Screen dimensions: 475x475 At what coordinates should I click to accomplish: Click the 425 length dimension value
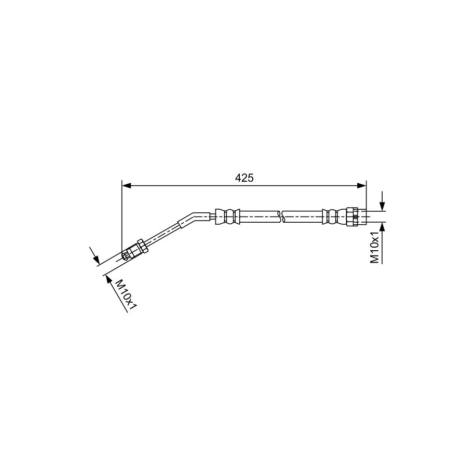[244, 178]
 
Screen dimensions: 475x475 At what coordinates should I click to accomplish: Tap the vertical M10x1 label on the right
[375, 248]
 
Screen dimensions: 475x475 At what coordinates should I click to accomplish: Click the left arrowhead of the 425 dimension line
[126, 186]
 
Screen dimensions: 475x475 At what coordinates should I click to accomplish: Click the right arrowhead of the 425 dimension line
[362, 186]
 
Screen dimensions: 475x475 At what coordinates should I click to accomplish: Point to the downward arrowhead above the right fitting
[383, 206]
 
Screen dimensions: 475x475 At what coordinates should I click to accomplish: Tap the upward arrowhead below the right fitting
[383, 227]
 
